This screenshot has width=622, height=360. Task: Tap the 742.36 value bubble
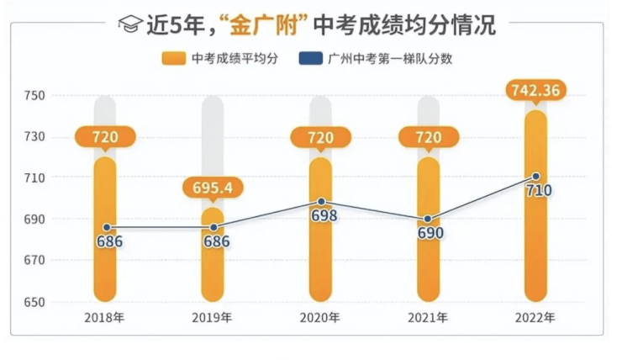536,88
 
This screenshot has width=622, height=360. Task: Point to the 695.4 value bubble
213,188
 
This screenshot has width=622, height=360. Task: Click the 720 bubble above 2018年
105,136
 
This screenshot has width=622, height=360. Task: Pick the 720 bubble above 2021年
428,136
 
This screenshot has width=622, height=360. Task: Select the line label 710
538,191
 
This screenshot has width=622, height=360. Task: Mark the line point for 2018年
106,227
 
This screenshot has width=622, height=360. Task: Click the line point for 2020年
321,202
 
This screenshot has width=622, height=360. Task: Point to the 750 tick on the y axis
34,96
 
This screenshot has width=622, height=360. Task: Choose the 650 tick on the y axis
34,301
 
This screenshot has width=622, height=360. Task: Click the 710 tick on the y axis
34,177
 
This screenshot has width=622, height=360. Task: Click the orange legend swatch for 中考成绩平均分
174,58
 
